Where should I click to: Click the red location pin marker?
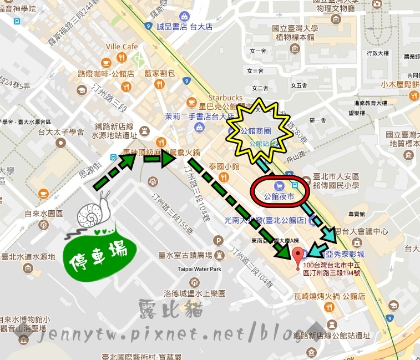pyautogui.click(x=297, y=255)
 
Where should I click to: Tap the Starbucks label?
pyautogui.click(x=226, y=98)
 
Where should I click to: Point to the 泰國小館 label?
pyautogui.click(x=224, y=166)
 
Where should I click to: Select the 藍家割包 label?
pyautogui.click(x=160, y=73)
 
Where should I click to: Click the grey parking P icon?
pyautogui.click(x=219, y=241)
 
